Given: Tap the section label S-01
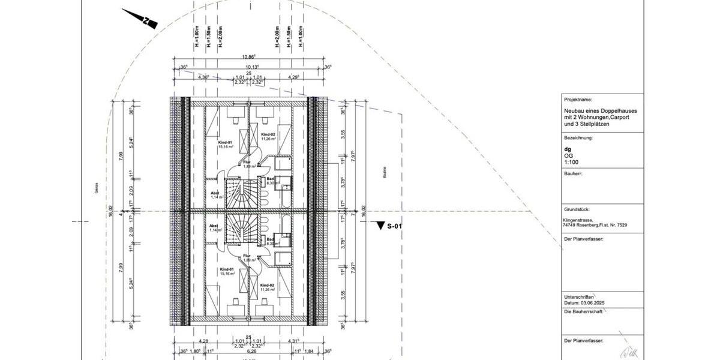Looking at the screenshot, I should tap(394, 226).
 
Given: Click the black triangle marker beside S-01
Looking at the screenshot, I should tap(379, 226).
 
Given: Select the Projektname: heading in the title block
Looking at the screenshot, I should tap(578, 99).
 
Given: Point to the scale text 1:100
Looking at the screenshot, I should tap(571, 161).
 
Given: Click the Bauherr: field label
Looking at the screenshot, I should tap(574, 173).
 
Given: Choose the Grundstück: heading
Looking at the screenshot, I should tap(577, 209).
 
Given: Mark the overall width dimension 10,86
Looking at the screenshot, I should tap(250, 57).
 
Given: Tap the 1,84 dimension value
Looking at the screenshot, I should tap(310, 352).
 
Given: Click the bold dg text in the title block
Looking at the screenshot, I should tap(568, 148).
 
